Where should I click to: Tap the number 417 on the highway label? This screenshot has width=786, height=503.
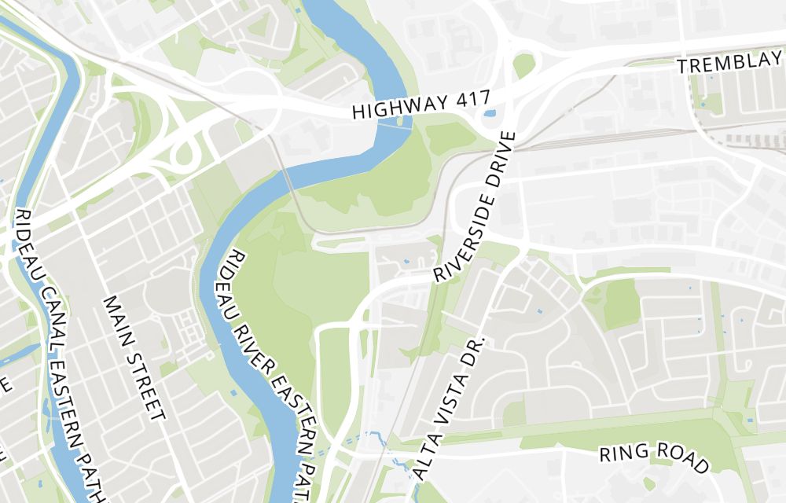tap(470, 100)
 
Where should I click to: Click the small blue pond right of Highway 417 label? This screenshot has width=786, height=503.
tap(490, 113)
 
